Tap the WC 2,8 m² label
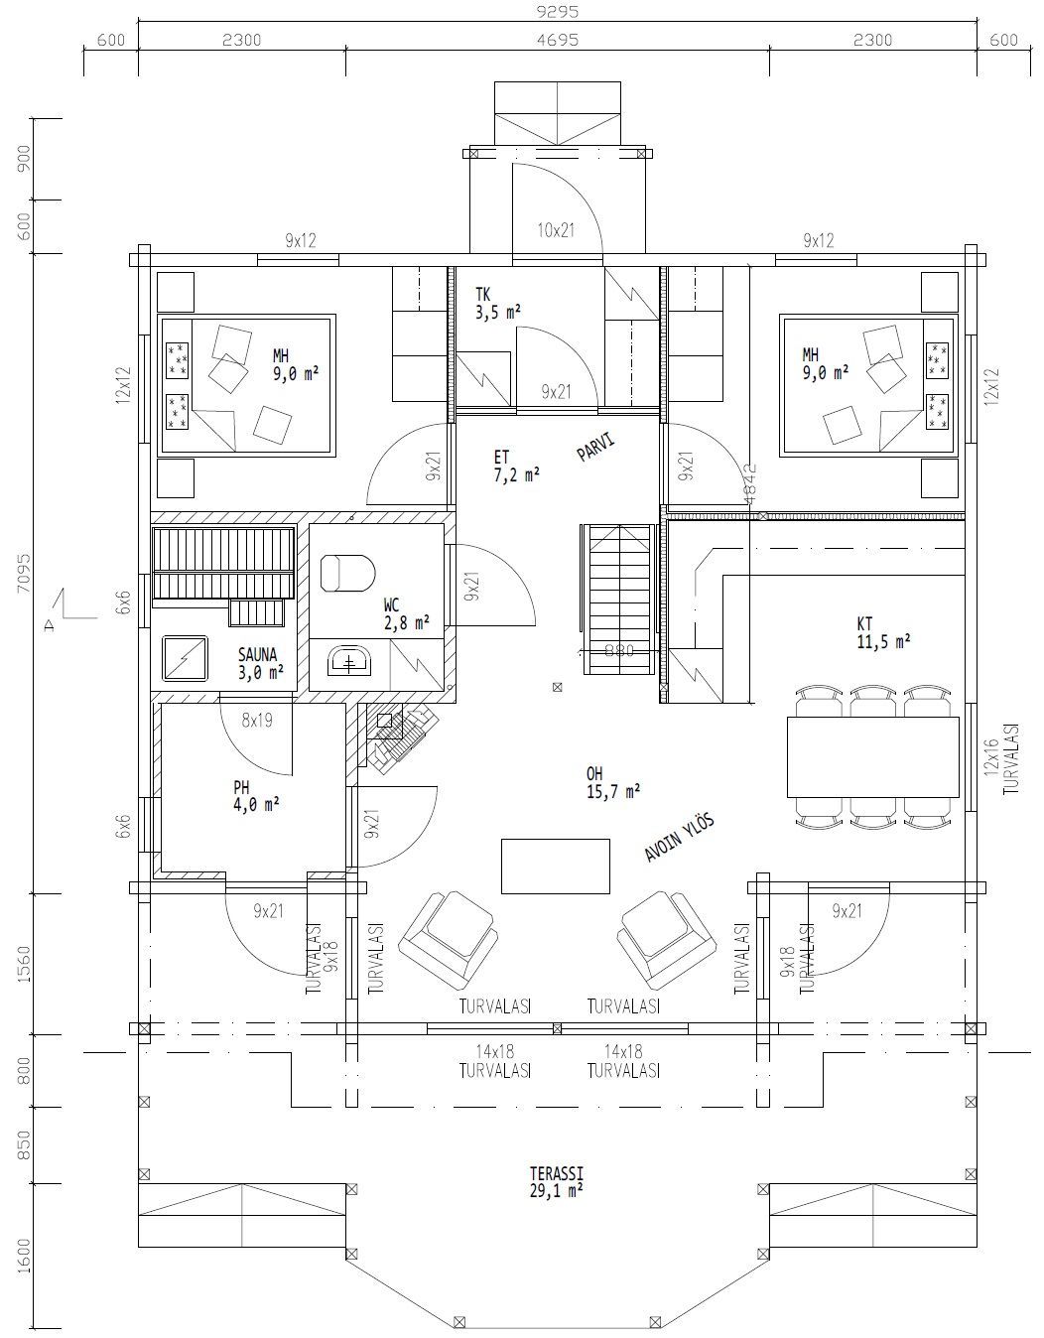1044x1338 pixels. [406, 613]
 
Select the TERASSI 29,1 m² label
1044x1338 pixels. [556, 1180]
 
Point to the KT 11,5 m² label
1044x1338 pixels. [882, 632]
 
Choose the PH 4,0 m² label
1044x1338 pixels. [255, 796]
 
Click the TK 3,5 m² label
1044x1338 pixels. [497, 303]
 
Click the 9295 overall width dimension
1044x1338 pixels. [556, 12]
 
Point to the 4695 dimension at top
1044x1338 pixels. [557, 40]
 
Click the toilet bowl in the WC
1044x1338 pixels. [347, 573]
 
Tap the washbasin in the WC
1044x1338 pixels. [348, 660]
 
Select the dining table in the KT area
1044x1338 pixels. [872, 756]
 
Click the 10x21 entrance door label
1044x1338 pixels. [556, 230]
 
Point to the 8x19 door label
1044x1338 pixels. [256, 722]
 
